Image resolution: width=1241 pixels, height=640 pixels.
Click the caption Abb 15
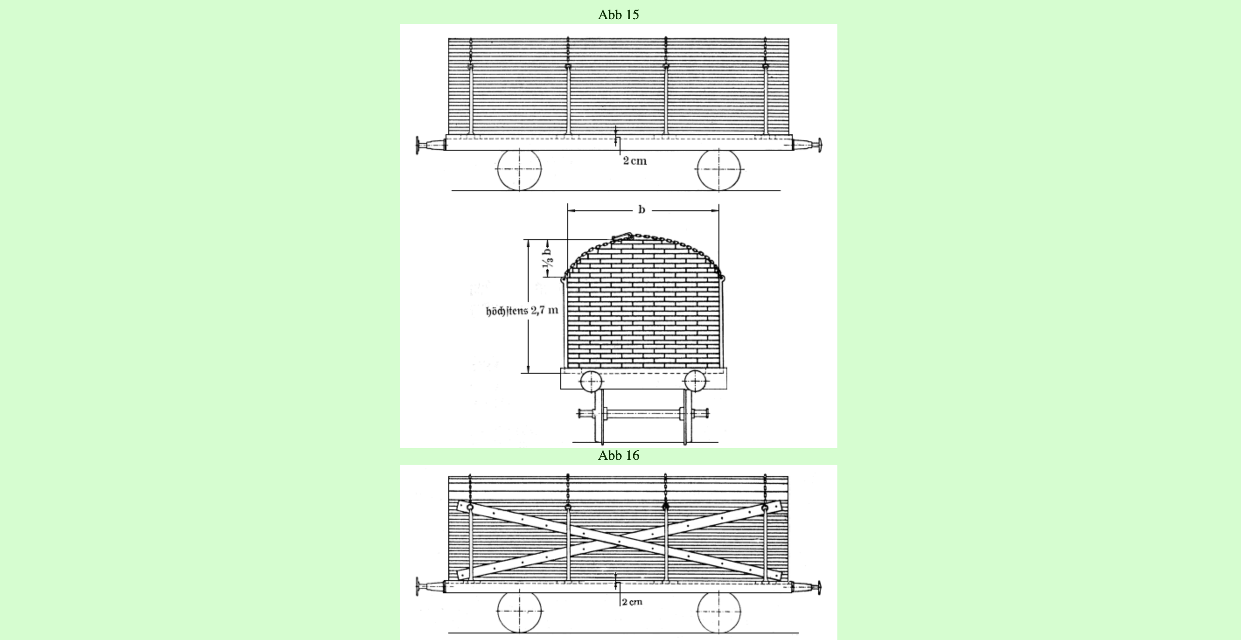[x=619, y=15]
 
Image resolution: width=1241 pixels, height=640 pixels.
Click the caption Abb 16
[x=619, y=456]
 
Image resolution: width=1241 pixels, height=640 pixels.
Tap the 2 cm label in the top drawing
[x=635, y=161]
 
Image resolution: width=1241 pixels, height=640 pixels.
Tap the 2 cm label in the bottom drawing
[x=632, y=602]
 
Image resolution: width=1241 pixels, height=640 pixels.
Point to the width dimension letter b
[x=641, y=209]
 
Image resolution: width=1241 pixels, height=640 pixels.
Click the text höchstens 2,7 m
[x=522, y=311]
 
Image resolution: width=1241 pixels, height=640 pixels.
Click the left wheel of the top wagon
[x=519, y=170]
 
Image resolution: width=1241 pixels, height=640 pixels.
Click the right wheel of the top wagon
[x=719, y=170]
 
